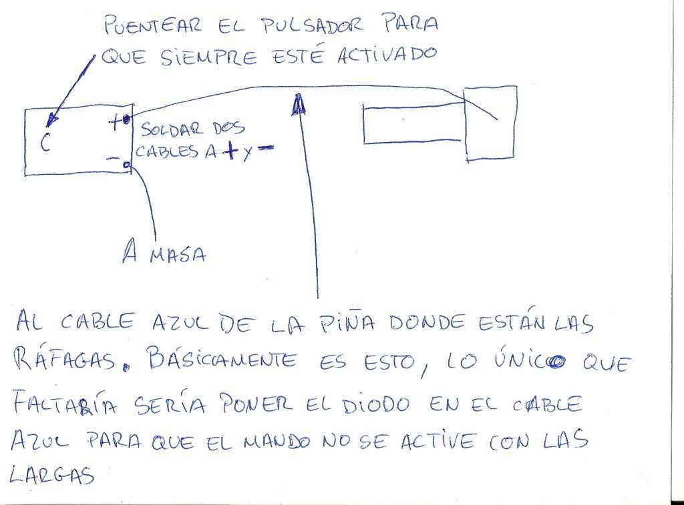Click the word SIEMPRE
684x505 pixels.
(208, 57)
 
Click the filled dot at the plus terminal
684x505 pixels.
(126, 119)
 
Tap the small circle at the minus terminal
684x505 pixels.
(126, 165)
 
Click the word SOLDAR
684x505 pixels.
(172, 129)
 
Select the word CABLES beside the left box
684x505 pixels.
(166, 151)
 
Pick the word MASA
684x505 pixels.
(178, 254)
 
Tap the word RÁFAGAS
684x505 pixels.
(65, 360)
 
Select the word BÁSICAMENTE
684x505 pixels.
(222, 361)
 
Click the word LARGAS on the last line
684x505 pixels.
(51, 474)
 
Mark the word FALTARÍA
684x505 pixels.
(65, 404)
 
